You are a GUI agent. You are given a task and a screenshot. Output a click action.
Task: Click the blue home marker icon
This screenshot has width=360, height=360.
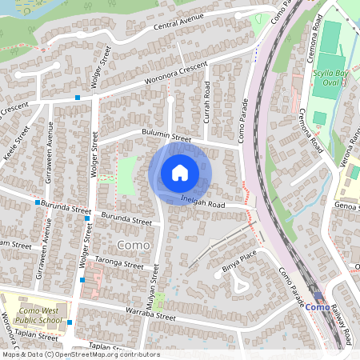[x=180, y=173]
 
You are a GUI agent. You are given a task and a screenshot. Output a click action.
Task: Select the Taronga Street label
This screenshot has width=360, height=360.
[x=118, y=264]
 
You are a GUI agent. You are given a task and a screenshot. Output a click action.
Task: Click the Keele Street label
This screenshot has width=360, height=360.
[x=14, y=142]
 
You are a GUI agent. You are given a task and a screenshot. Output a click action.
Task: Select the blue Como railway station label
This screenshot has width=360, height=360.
[x=318, y=307]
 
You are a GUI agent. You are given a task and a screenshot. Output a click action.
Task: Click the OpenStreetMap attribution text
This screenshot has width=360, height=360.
[x=80, y=354]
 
